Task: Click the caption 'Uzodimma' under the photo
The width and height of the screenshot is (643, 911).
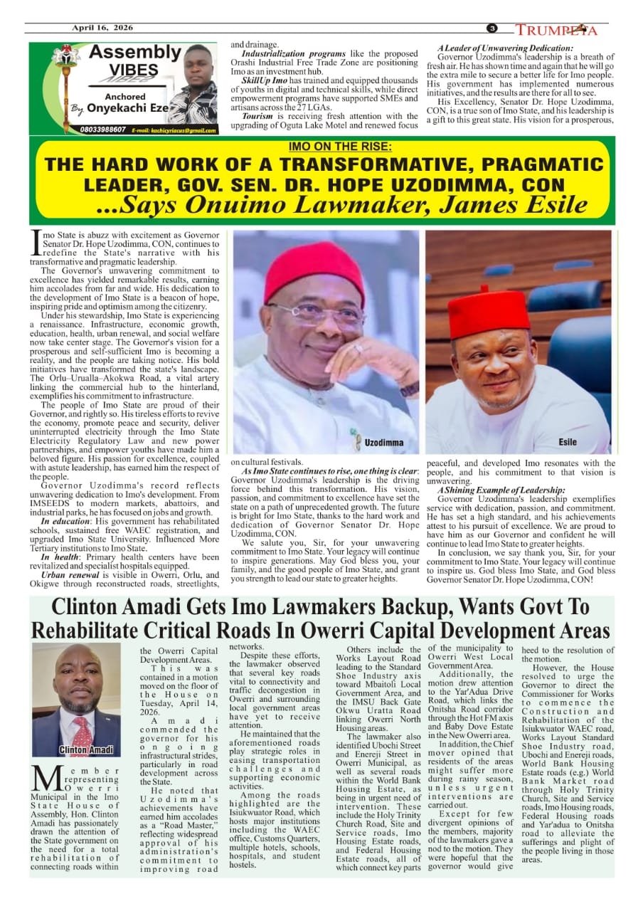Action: (x=383, y=443)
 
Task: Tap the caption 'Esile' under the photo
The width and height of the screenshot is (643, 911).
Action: (x=568, y=443)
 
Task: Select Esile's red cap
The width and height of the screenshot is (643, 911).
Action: (x=489, y=311)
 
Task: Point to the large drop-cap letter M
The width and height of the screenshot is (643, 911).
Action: (x=46, y=779)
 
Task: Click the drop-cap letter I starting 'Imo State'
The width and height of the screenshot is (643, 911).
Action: (x=36, y=242)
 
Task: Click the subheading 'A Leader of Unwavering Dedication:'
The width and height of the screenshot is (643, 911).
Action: (x=505, y=48)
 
